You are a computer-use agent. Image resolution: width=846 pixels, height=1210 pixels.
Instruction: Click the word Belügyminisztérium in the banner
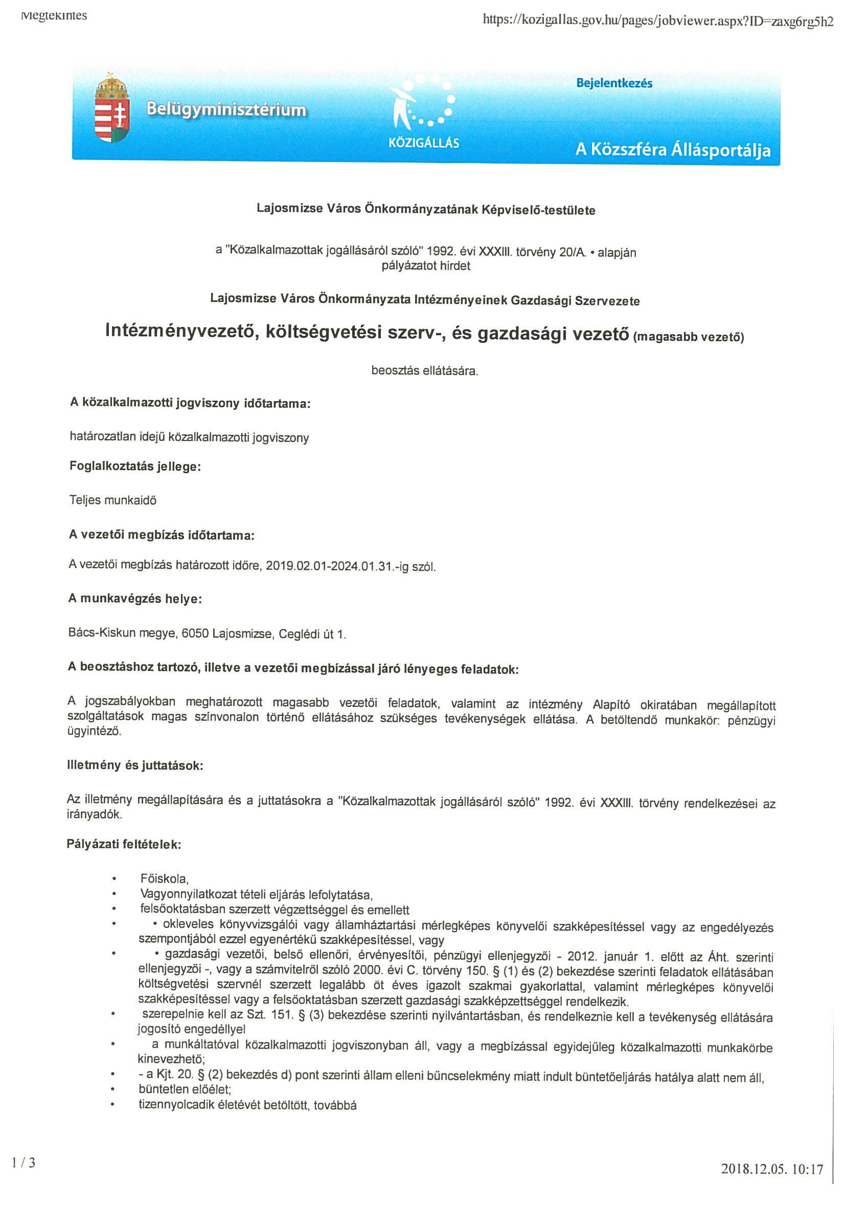click(x=226, y=110)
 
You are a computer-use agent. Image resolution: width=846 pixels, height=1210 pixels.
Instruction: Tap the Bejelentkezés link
click(x=614, y=83)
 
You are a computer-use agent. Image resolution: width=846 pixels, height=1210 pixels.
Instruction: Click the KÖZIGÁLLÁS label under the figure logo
click(x=424, y=143)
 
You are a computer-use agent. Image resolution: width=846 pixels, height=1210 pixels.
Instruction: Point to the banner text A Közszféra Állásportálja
click(x=673, y=150)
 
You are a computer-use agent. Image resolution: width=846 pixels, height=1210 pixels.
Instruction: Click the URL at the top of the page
click(x=658, y=21)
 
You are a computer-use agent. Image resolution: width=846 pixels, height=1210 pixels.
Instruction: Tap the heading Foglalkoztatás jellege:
click(x=135, y=467)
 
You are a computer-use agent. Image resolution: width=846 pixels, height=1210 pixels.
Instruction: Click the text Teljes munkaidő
click(x=113, y=500)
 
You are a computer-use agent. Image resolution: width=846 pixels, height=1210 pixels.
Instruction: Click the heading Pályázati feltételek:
click(x=124, y=844)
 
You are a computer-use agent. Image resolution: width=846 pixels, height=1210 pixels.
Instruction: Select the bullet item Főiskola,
click(x=165, y=878)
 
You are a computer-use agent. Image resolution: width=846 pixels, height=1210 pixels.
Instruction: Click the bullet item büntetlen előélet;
click(x=185, y=1089)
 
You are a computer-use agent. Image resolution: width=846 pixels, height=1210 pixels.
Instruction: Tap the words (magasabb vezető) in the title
click(x=689, y=337)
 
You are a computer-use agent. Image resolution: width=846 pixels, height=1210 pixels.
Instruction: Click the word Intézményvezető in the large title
click(x=182, y=331)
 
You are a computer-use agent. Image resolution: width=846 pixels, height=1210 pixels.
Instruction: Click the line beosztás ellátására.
click(x=425, y=370)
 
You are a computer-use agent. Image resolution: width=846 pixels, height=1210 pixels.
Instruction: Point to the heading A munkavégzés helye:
click(x=135, y=599)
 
